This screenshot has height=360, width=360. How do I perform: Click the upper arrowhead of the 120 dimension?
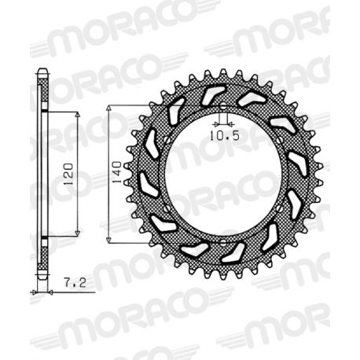[x=78, y=116]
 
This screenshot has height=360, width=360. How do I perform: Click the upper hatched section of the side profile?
[x=44, y=93]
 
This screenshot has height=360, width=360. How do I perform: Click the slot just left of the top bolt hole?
[x=209, y=96]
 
